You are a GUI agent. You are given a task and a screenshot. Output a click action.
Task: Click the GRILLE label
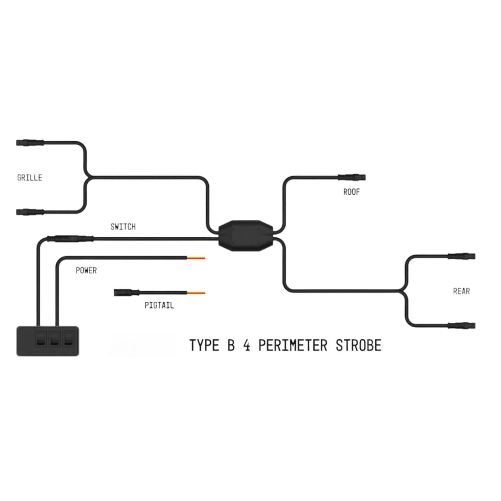(30, 177)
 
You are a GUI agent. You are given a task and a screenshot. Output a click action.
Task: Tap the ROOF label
(352, 192)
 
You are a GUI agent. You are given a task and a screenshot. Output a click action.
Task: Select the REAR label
(461, 291)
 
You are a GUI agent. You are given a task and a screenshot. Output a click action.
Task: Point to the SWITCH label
(123, 226)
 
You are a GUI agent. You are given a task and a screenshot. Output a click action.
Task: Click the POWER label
(86, 270)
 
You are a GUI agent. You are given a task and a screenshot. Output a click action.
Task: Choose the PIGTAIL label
(159, 305)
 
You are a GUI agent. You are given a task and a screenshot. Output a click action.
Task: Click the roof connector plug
(352, 177)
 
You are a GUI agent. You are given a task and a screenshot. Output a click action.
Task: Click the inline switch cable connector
(69, 238)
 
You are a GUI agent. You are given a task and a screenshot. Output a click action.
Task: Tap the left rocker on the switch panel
(40, 339)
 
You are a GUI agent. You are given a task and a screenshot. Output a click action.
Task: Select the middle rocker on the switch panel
(54, 339)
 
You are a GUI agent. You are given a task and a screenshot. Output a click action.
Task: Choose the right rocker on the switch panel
(68, 339)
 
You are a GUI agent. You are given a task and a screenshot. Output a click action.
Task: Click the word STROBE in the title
(358, 345)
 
